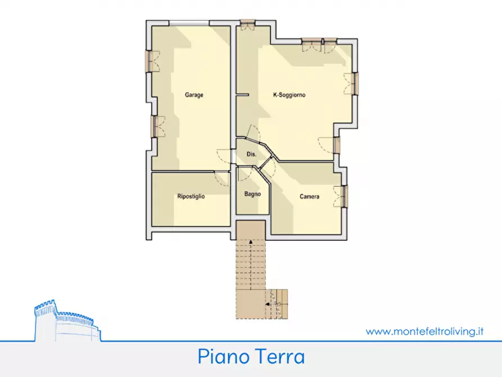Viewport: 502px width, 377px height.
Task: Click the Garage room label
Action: (194, 95)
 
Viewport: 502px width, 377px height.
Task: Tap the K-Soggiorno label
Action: (289, 95)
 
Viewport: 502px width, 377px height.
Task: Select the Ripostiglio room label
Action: (191, 196)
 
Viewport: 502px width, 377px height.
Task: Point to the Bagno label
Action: (252, 194)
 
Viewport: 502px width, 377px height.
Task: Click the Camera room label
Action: (309, 196)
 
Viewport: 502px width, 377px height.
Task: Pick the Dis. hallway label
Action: (252, 154)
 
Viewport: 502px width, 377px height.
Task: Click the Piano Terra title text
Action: (251, 357)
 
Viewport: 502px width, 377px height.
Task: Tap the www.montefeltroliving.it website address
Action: (424, 331)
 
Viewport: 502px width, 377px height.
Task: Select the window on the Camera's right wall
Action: (345, 196)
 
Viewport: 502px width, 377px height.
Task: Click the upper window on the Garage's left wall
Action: (150, 61)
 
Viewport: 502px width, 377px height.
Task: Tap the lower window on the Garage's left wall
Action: (153, 126)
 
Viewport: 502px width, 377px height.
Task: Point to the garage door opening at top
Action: (191, 23)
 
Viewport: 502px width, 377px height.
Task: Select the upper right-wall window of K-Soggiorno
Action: (355, 83)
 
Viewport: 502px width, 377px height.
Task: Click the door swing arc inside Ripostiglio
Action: (221, 179)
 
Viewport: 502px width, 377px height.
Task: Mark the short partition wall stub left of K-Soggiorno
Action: (242, 95)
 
